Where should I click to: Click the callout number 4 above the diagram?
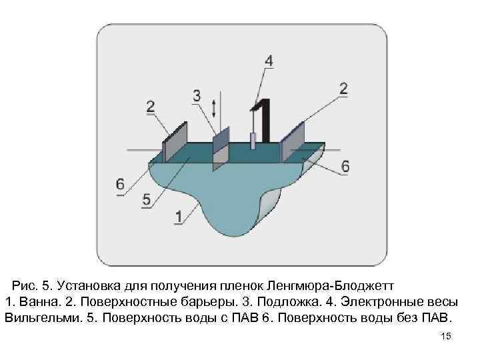(x=268, y=61)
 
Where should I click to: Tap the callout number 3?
(x=197, y=96)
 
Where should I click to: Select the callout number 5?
(x=147, y=199)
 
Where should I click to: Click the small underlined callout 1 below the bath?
(x=178, y=217)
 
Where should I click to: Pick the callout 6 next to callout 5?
(x=120, y=184)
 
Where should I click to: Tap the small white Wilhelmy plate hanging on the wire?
(x=253, y=141)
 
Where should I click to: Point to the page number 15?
(x=447, y=337)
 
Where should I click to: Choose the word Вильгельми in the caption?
(x=43, y=315)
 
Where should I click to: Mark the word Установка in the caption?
(x=83, y=285)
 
